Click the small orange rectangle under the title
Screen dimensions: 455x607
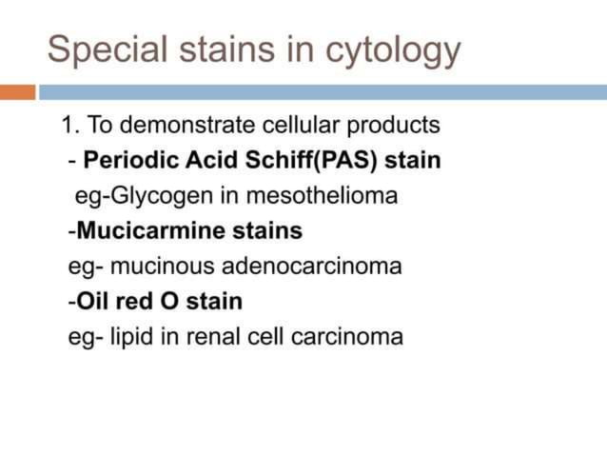pyautogui.click(x=17, y=92)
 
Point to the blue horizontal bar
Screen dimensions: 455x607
pyautogui.click(x=323, y=92)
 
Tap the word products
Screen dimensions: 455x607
pyautogui.click(x=394, y=126)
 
